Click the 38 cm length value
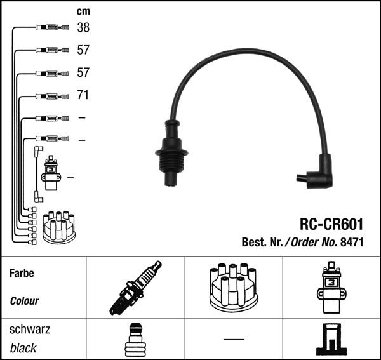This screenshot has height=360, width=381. [83, 27]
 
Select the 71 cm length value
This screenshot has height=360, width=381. [83, 96]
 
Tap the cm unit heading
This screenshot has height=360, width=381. [83, 11]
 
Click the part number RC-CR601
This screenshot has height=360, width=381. [331, 225]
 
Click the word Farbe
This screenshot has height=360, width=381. [22, 273]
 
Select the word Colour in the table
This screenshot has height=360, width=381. [24, 301]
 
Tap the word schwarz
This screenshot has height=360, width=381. [30, 330]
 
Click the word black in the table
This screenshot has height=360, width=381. [23, 348]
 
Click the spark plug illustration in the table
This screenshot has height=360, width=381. [135, 288]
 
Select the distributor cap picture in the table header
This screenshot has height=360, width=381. [233, 287]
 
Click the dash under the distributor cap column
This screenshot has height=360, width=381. [233, 338]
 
